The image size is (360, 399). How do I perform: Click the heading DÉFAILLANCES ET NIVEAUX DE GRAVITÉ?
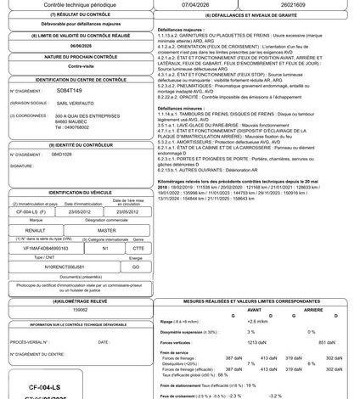click(257, 16)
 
